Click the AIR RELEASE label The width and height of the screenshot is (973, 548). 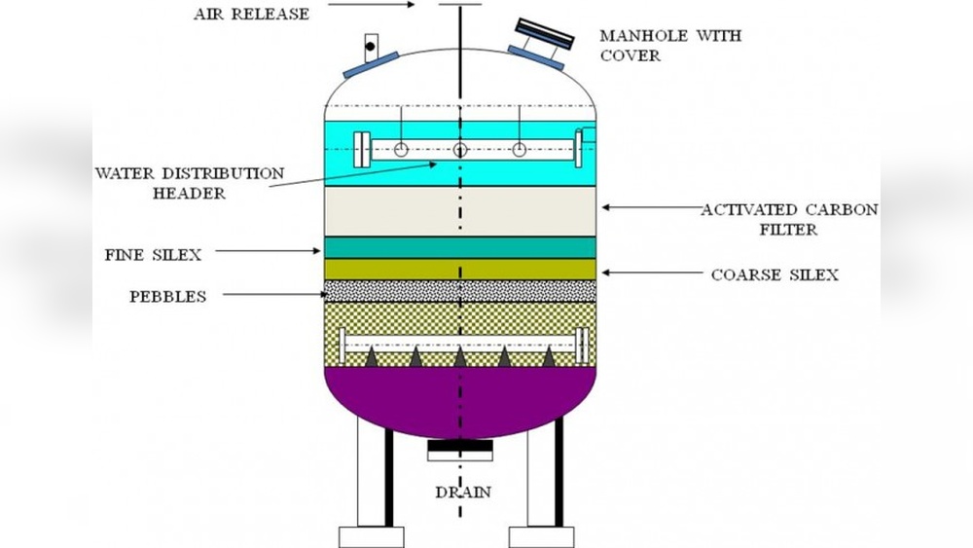tap(251, 15)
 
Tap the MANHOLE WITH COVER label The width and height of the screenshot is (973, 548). tap(670, 46)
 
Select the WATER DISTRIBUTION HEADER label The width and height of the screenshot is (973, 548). tap(190, 183)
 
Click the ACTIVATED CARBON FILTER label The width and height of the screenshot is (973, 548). tap(790, 219)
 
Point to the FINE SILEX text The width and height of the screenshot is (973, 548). tap(154, 255)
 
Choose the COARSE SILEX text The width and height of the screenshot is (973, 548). tap(775, 274)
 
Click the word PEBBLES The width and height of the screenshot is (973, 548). tap(168, 297)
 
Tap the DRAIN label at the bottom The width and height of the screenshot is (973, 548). tap(462, 493)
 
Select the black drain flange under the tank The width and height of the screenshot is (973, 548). tap(460, 450)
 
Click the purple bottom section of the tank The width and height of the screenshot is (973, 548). tap(460, 399)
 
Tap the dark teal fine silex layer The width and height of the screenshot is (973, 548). tap(460, 247)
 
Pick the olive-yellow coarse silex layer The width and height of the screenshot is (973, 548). tap(460, 270)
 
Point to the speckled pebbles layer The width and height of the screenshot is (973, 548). tap(460, 291)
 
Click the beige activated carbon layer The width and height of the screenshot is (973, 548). tap(460, 210)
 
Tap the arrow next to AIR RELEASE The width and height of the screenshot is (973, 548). tap(371, 5)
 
